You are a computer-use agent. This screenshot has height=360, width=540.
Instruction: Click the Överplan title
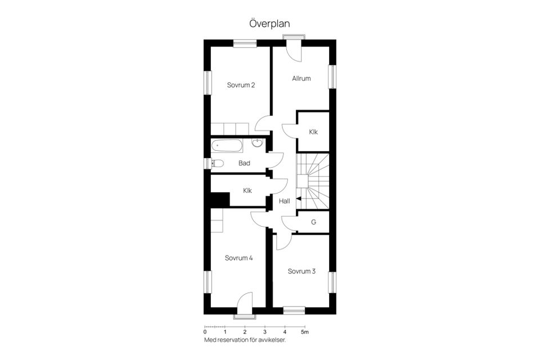[269, 24]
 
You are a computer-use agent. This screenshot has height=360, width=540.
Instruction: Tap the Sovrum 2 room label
[241, 85]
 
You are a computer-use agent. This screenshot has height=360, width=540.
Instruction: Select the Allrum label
[301, 78]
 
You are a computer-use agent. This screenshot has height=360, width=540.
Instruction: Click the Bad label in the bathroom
[244, 164]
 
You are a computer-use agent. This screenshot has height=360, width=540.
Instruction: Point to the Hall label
[284, 200]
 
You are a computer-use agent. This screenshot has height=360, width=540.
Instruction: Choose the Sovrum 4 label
[238, 258]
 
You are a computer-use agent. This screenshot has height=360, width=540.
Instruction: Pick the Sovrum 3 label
[301, 271]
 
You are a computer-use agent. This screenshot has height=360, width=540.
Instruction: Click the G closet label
[313, 222]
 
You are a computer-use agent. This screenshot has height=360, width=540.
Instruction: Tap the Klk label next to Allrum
[313, 132]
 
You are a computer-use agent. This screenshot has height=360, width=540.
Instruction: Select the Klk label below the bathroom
[247, 191]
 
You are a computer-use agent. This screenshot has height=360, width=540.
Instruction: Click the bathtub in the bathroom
[227, 146]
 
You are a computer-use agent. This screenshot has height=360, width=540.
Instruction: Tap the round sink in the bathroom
[258, 143]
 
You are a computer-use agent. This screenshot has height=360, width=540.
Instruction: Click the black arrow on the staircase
[299, 199]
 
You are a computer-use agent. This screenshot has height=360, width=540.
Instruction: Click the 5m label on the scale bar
[304, 332]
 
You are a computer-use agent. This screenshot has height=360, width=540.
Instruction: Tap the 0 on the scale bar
[205, 332]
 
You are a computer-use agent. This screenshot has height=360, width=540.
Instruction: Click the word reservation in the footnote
[239, 340]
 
